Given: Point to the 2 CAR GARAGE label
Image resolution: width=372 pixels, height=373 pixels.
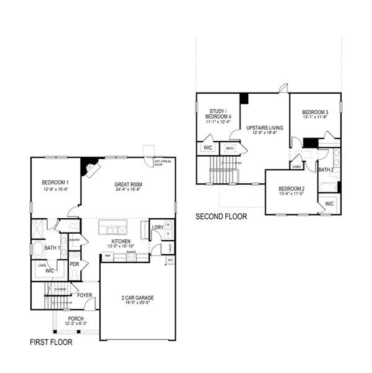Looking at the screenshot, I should (x=137, y=298).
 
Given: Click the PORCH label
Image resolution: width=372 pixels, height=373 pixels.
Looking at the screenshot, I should (x=76, y=318).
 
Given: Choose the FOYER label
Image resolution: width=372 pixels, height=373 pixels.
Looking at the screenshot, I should (x=84, y=295).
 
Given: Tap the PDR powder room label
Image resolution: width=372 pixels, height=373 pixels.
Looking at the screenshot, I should (x=75, y=264).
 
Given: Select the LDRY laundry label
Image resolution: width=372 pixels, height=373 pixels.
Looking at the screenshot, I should (x=157, y=228).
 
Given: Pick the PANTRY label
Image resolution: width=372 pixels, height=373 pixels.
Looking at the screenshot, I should (x=75, y=239).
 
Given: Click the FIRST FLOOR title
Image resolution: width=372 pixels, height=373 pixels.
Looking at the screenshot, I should (x=51, y=343).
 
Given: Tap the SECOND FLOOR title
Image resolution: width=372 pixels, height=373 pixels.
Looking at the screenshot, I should (x=221, y=217).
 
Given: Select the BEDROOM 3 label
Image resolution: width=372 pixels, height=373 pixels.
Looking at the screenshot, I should (x=314, y=112).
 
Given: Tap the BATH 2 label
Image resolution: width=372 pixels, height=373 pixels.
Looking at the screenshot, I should (x=327, y=169).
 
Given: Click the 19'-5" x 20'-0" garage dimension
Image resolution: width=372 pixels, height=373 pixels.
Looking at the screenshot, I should (x=137, y=304).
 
